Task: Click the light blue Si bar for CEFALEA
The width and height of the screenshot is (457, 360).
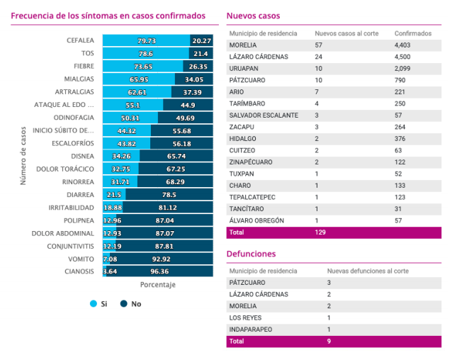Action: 146,41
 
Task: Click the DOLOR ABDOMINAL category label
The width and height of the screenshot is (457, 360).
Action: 63,232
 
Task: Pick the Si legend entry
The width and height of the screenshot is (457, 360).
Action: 98,303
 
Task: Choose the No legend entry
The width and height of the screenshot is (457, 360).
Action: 131,303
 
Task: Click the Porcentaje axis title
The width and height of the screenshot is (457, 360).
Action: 157,285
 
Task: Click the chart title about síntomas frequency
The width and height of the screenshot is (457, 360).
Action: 108,15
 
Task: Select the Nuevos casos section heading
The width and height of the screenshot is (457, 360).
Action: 253,15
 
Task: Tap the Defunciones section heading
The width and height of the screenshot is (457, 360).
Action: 252,254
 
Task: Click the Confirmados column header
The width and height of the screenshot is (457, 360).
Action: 414,33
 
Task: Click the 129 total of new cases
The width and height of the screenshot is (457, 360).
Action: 321,232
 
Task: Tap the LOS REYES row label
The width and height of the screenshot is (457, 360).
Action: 246,317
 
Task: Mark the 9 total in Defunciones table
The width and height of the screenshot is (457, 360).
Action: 329,341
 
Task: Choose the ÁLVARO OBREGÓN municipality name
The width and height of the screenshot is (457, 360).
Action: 256,220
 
